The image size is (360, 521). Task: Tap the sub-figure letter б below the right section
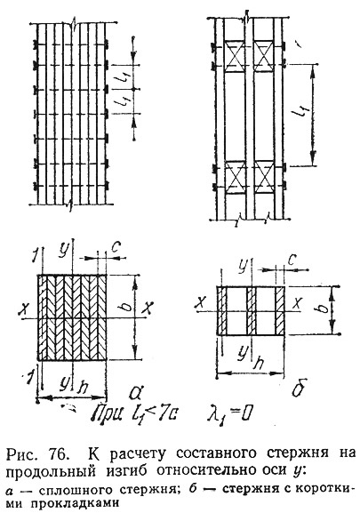(x=300, y=388)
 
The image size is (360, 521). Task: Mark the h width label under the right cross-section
(x=258, y=363)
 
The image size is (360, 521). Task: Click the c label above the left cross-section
(x=116, y=247)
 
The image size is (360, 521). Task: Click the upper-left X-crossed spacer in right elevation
(x=236, y=57)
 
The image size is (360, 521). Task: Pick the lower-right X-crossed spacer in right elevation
(x=264, y=177)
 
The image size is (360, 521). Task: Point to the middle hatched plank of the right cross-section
(x=252, y=310)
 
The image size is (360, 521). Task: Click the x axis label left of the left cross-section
(x=24, y=309)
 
